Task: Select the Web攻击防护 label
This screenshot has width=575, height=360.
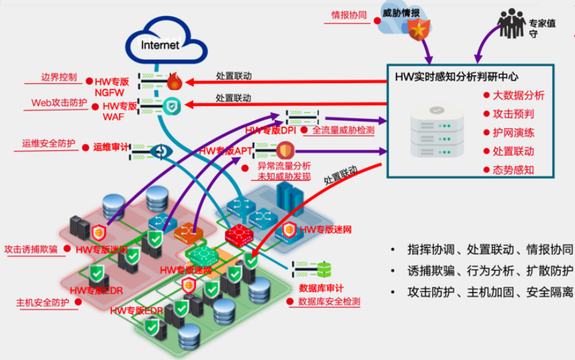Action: pyautogui.click(x=60, y=102)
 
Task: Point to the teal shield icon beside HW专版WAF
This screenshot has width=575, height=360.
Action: pyautogui.click(x=172, y=106)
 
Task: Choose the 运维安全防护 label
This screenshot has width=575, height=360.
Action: pyautogui.click(x=48, y=144)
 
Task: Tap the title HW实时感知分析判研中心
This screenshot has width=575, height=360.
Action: pyautogui.click(x=456, y=76)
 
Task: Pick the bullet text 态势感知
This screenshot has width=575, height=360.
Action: pyautogui.click(x=513, y=170)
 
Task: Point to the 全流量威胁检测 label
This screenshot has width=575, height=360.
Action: pyautogui.click(x=343, y=129)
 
